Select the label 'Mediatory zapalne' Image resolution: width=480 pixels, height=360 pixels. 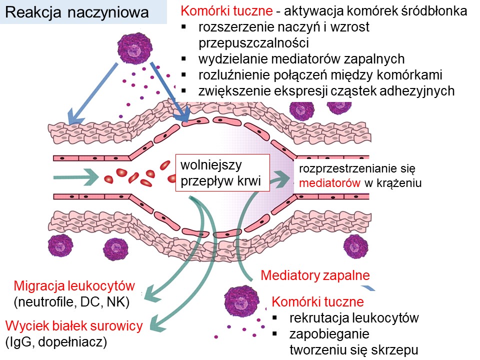tap(315, 275)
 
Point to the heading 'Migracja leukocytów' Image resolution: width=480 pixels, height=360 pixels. tap(74, 286)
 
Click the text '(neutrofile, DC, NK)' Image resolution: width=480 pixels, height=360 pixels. tap(72, 302)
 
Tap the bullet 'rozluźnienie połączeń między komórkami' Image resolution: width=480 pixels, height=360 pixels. tap(320, 75)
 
